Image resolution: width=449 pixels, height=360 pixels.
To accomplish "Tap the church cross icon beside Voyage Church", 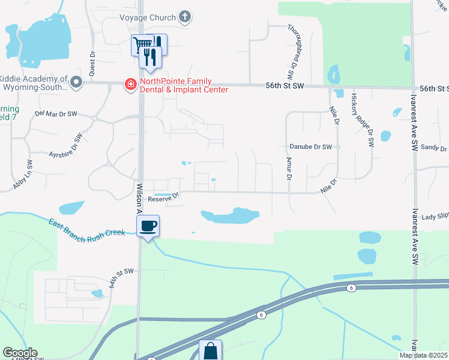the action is coord(185,17).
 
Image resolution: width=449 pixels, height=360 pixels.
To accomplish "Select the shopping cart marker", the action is coord(142,44).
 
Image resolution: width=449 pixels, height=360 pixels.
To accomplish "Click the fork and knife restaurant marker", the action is coord(151,56).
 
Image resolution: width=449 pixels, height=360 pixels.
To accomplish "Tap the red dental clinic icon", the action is coord(130,85).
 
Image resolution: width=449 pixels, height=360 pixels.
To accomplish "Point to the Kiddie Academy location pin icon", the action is coord(76,82).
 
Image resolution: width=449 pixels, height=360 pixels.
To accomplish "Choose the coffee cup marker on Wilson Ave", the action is coord(148,226).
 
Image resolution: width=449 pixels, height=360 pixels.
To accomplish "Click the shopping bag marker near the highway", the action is coord(211,351).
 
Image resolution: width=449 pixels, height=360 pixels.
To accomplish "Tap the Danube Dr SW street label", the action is coord(310,146).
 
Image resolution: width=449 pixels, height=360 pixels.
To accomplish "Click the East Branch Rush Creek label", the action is coord(86,229).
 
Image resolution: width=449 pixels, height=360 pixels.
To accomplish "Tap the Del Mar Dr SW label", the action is coord(56,113).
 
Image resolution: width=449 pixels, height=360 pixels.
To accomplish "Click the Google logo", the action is coord(20,353).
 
